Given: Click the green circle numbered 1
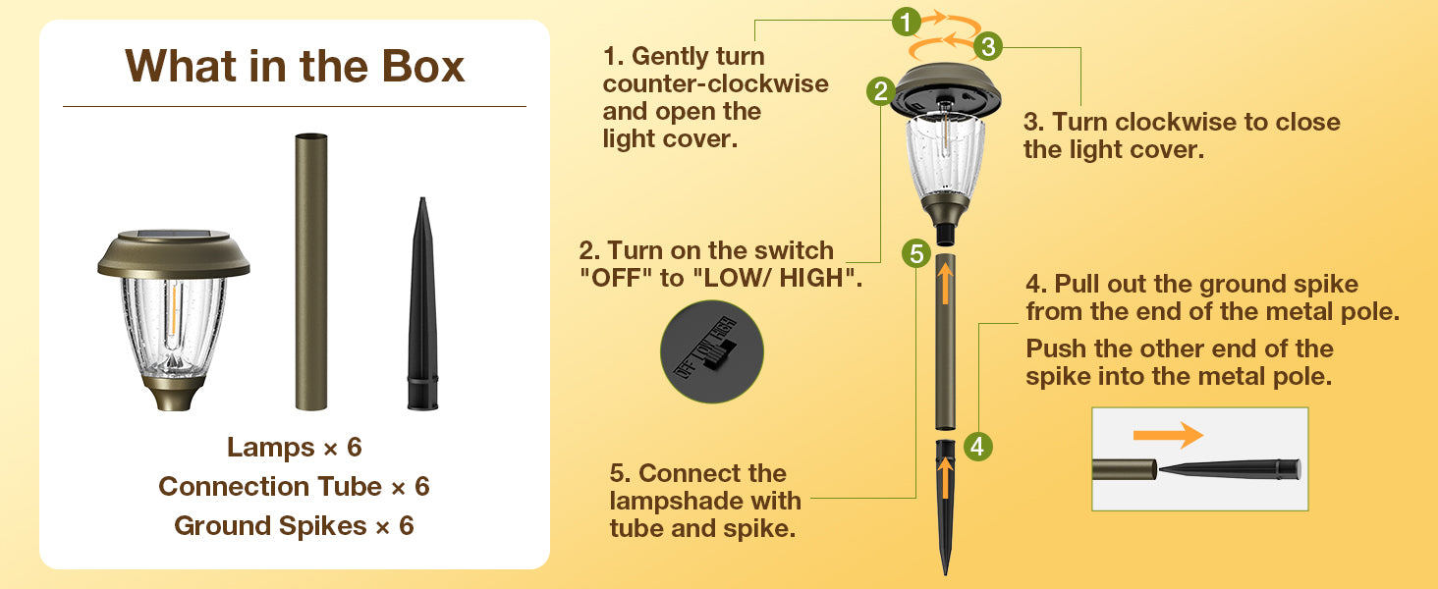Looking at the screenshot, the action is coord(906,23).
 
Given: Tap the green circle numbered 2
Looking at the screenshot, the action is coord(881,91).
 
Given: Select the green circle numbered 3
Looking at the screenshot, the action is coord(988,46).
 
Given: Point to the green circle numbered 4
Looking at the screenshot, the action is coord(977,446).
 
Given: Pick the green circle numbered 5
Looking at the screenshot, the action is coord(916,254).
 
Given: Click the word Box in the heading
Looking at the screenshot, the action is coord(423,66).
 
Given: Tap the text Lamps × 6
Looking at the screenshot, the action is coord(294,448).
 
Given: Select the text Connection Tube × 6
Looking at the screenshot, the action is coord(294,486).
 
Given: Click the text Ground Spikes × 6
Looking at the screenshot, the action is coord(294,526).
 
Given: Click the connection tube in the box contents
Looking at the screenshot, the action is coord(311,271).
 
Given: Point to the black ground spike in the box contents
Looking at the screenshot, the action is coord(422,304).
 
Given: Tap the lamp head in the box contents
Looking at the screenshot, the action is coord(173,319).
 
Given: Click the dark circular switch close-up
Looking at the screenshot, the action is coord(712,351).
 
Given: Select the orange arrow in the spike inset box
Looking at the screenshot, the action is coord(1168,435).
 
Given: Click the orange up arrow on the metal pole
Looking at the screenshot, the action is coord(945,283).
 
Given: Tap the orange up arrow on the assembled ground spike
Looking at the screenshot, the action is coord(944,479).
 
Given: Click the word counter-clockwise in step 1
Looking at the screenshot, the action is coord(716,84).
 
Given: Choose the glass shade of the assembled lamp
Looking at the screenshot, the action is coord(945,156).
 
